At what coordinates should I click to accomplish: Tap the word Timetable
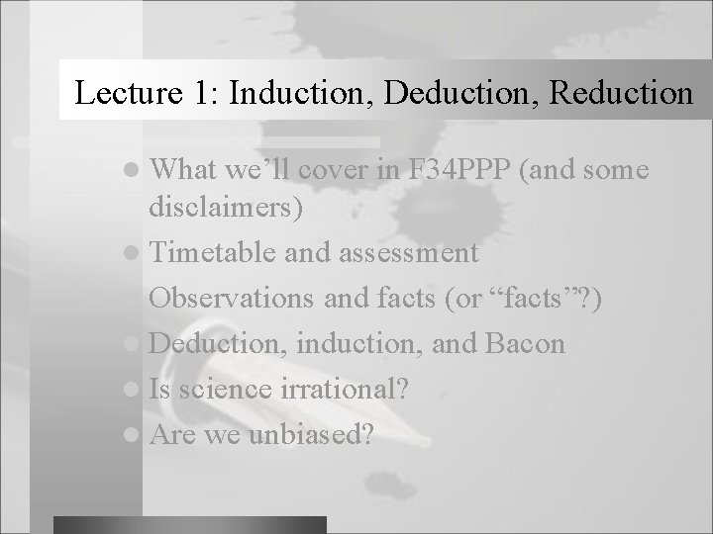[x=216, y=252]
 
